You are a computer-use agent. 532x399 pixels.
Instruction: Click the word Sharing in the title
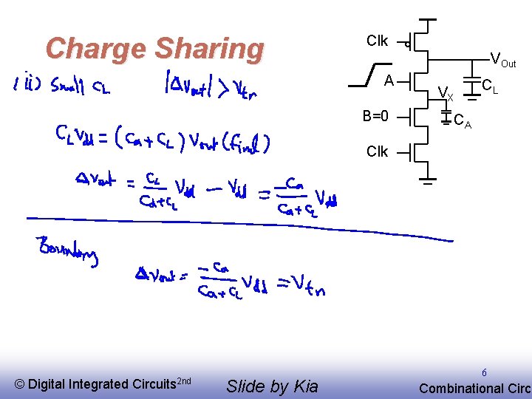click(209, 49)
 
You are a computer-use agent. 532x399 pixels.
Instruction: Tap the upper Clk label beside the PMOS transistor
click(377, 41)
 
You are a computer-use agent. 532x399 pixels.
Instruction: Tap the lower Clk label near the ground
click(377, 151)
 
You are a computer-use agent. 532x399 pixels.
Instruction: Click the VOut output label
click(503, 61)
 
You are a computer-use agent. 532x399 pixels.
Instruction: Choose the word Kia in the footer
click(303, 386)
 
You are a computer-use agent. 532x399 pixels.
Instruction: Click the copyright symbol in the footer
click(19, 384)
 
